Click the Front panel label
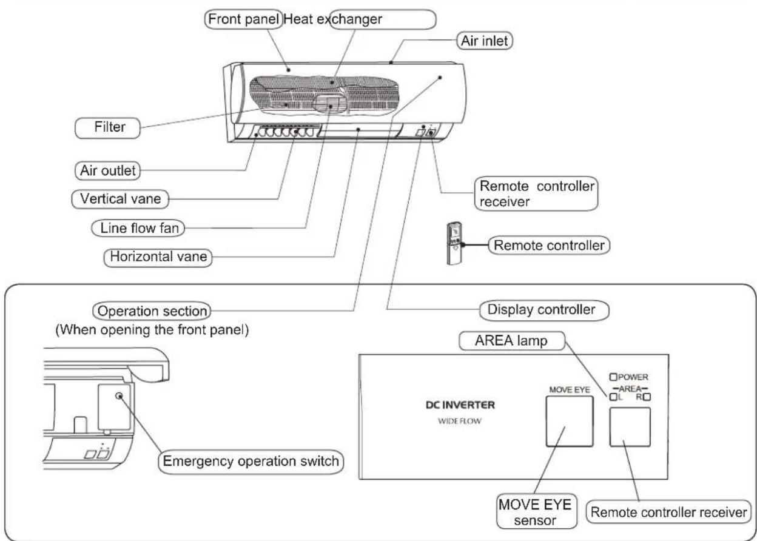pyautogui.click(x=243, y=19)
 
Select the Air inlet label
pyautogui.click(x=484, y=41)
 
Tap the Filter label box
pyautogui.click(x=107, y=128)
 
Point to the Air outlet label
pyautogui.click(x=107, y=170)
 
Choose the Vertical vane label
pyautogui.click(x=120, y=199)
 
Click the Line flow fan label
pyautogui.click(x=138, y=228)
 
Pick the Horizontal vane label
pyautogui.click(x=158, y=257)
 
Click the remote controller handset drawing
pyautogui.click(x=454, y=243)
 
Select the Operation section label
pyautogui.click(x=152, y=311)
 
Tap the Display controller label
pyautogui.click(x=544, y=310)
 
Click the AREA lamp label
pyautogui.click(x=512, y=341)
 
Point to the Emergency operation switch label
pyautogui.click(x=251, y=462)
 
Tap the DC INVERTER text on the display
pyautogui.click(x=460, y=405)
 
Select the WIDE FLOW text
pyautogui.click(x=460, y=421)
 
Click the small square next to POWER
pyautogui.click(x=613, y=377)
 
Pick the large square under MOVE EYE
pyautogui.click(x=570, y=422)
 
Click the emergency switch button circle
pyautogui.click(x=119, y=395)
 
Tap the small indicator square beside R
pyautogui.click(x=647, y=397)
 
